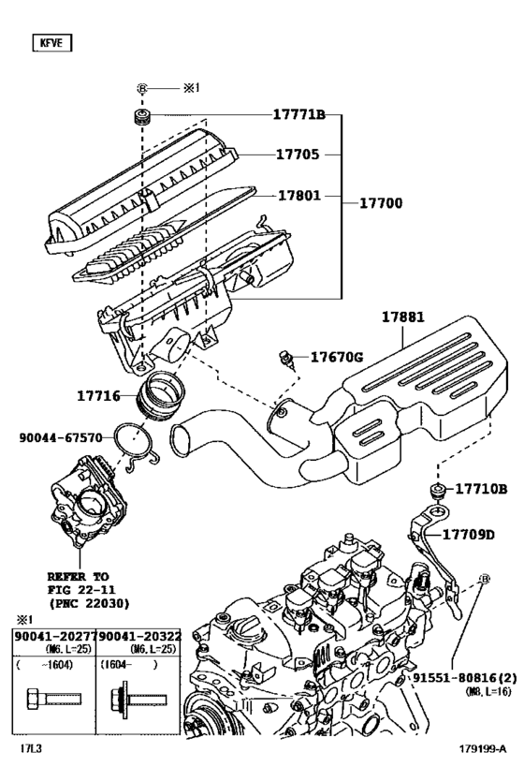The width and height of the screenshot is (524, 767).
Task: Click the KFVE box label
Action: click(51, 42)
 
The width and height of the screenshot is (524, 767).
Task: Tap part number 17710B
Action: click(481, 489)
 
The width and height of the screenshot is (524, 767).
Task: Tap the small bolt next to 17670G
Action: click(286, 356)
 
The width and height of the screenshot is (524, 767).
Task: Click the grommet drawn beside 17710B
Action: click(435, 491)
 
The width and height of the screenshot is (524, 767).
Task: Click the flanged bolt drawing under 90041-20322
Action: click(132, 698)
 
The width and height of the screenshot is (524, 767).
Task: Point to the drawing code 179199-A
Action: click(482, 749)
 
